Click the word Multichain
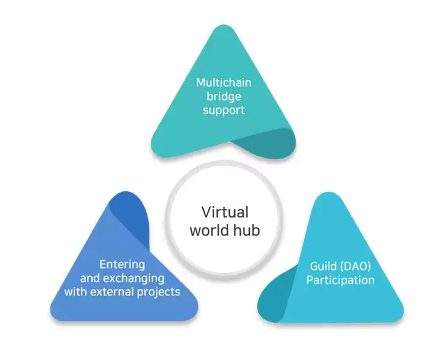click(224, 83)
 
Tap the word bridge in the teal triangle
click(224, 96)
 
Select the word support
click(224, 110)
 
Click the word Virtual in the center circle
click(225, 212)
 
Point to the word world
click(210, 230)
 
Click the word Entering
click(122, 264)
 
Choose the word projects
click(158, 292)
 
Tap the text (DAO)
click(355, 266)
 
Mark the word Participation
click(341, 280)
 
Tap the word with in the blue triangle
click(75, 292)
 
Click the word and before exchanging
click(90, 278)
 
